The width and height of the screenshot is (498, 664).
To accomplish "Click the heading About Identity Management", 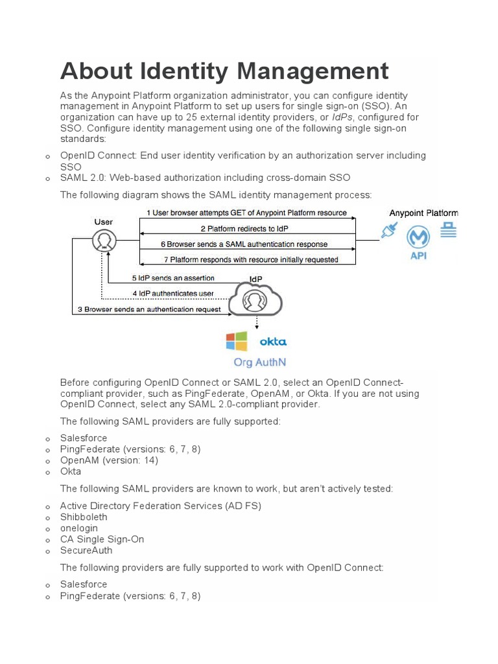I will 224,71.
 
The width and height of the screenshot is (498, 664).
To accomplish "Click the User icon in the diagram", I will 102,241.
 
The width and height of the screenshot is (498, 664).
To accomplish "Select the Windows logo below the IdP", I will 237,342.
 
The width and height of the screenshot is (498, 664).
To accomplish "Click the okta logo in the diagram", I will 272,342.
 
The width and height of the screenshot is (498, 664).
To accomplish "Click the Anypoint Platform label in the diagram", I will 423,213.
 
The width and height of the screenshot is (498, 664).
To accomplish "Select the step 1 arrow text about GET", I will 246,213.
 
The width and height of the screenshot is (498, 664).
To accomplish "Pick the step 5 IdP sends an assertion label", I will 173,278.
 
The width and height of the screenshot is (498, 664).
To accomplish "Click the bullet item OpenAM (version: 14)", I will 109,460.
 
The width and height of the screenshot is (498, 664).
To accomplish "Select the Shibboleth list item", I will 84,517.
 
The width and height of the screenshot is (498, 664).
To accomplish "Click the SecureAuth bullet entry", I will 86,551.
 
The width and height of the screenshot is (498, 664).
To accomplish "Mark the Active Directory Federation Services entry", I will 160,506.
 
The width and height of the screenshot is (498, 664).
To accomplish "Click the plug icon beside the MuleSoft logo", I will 389,231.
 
